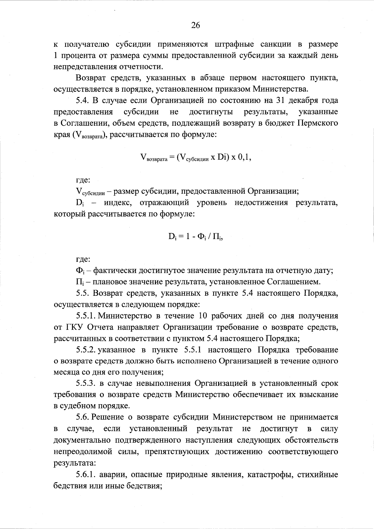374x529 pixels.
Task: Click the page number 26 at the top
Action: click(x=195, y=26)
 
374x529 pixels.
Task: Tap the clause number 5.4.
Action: click(x=83, y=100)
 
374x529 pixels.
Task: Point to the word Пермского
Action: click(x=318, y=123)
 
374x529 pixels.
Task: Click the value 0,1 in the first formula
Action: click(x=244, y=157)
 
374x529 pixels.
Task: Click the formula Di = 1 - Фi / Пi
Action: click(x=195, y=236)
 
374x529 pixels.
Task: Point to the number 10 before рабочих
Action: click(x=203, y=316)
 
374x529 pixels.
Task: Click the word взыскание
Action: click(x=318, y=395)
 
